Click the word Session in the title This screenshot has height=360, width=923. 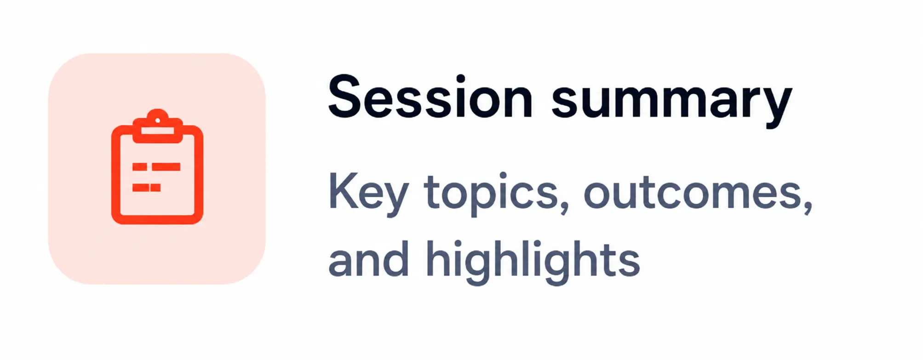pos(430,97)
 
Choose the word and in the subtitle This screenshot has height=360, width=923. pos(369,258)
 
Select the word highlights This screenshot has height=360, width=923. pos(533,262)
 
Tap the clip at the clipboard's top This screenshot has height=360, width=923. pos(157,126)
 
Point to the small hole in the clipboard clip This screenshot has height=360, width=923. pos(157,120)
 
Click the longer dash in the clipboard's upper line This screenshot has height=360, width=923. pos(166,167)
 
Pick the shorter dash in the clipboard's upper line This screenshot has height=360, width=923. pos(140,167)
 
